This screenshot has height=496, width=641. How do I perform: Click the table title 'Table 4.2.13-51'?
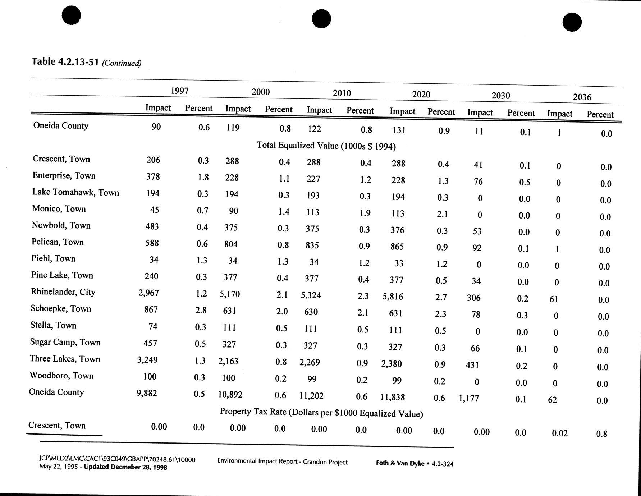(x=65, y=62)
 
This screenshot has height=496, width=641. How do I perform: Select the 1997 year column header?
(x=179, y=91)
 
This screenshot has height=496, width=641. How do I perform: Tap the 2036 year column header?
(x=582, y=97)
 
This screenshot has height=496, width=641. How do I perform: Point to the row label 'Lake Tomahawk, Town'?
(x=75, y=192)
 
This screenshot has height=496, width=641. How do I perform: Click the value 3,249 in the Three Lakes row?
(x=147, y=359)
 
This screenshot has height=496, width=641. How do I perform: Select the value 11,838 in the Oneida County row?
(x=393, y=397)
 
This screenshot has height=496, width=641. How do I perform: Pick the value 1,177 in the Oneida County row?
(x=469, y=398)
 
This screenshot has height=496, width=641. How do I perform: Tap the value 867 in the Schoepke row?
(x=151, y=309)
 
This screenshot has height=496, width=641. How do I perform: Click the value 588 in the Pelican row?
(x=152, y=243)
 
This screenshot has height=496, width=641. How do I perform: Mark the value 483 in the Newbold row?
(x=152, y=226)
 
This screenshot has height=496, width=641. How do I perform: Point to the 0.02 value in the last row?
(x=559, y=433)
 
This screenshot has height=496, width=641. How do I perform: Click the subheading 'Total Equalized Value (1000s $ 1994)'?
(x=326, y=146)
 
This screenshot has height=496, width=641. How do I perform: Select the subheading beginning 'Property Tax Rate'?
(x=321, y=413)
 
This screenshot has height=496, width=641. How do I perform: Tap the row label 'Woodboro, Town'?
(x=61, y=376)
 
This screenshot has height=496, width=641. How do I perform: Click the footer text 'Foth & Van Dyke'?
(x=400, y=463)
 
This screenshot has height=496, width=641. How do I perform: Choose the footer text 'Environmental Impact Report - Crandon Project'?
(x=282, y=461)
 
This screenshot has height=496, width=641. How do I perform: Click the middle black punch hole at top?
(x=321, y=19)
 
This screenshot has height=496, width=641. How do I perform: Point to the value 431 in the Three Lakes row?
(x=472, y=365)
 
